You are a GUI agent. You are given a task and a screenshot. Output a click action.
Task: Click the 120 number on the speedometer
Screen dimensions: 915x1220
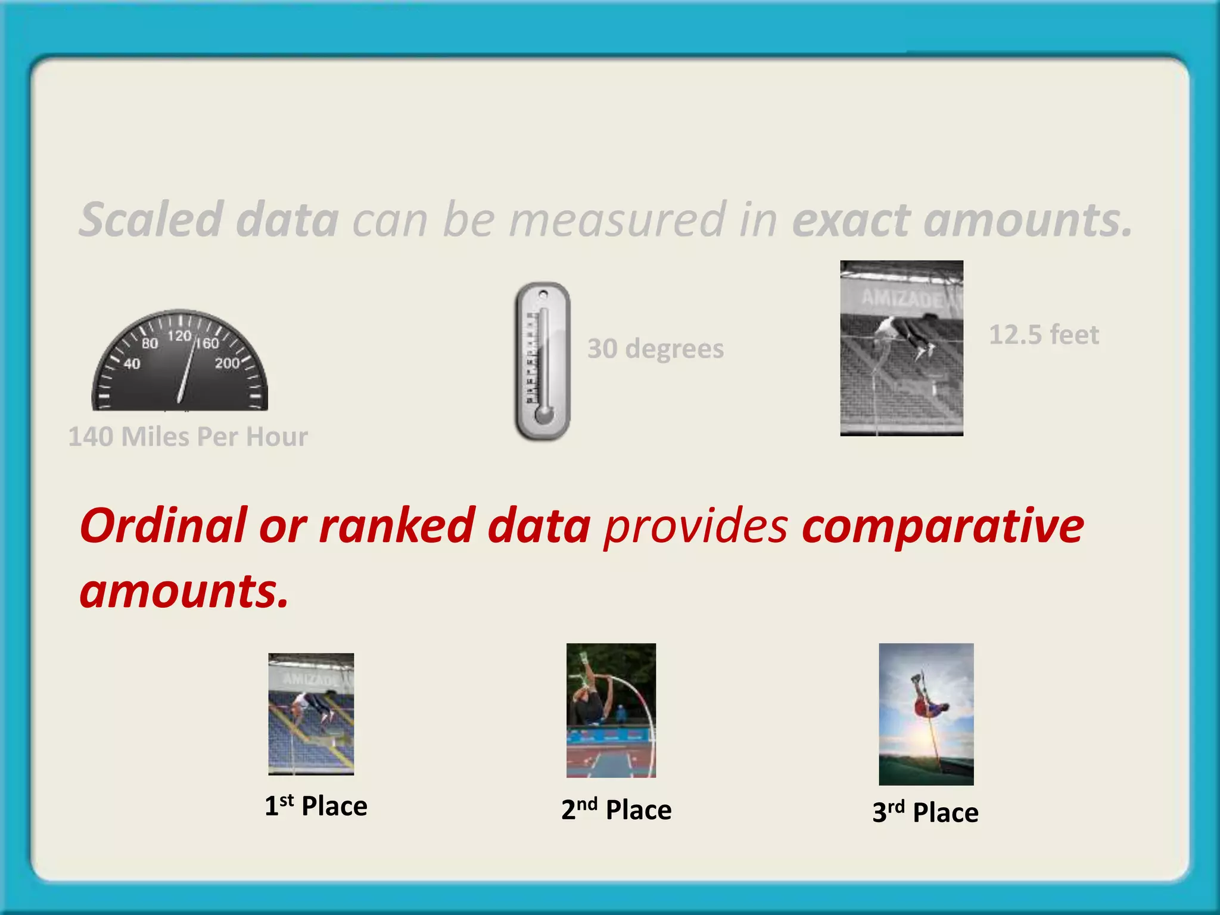point(179,336)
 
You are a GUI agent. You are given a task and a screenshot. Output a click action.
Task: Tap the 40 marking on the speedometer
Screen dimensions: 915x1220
point(132,363)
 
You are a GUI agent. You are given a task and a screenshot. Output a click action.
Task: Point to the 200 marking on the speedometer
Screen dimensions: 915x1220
point(227,363)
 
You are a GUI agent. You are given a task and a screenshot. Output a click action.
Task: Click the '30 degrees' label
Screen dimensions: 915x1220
point(655,348)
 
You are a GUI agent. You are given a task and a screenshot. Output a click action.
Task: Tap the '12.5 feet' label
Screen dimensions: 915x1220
point(1044,335)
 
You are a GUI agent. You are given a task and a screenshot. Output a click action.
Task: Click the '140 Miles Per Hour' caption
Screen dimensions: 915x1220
point(188,437)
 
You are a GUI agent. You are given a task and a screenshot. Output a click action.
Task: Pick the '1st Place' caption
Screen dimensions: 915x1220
point(316,806)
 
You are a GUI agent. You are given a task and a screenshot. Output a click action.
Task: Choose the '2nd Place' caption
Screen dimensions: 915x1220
point(616,810)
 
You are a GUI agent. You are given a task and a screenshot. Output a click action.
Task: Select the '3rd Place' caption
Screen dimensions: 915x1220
point(925,812)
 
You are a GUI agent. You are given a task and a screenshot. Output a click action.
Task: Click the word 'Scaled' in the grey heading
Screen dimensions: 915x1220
point(151,219)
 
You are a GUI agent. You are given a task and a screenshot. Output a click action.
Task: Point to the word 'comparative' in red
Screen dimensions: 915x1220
point(942,527)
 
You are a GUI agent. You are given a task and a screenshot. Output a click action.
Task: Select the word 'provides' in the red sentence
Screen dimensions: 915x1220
point(696,525)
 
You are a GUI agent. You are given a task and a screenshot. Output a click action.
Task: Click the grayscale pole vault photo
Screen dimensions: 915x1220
point(901,348)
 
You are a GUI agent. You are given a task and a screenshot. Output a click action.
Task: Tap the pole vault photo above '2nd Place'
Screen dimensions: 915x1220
point(611,710)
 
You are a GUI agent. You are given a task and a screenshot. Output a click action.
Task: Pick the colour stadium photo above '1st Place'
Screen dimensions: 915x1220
point(311,714)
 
